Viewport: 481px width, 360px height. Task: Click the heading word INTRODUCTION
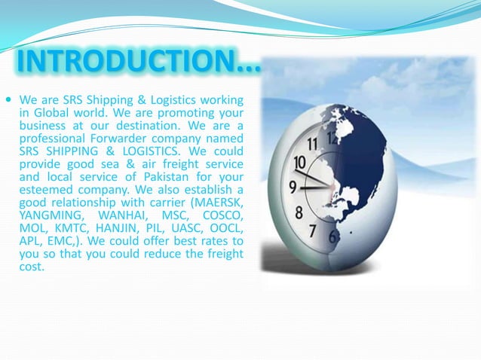(x=124, y=64)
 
